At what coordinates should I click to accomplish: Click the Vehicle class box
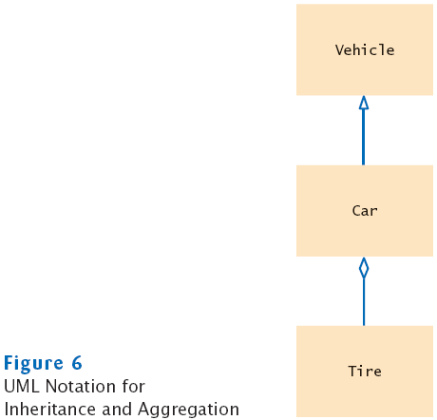365,49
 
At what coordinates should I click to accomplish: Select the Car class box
365,211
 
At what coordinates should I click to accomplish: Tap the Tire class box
365,372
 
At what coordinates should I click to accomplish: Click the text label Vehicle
365,50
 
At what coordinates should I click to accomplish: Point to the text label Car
365,211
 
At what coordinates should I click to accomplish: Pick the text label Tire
365,372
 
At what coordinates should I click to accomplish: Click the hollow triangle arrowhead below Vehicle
364,103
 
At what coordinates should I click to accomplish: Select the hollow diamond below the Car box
364,268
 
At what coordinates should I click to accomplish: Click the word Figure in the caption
33,364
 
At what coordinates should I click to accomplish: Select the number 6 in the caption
77,363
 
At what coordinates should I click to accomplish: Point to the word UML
22,387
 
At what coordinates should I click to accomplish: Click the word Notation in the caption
81,387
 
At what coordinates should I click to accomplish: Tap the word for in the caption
133,386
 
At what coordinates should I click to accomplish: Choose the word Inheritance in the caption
50,409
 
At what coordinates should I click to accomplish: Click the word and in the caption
117,409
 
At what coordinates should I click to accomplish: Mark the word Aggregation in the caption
189,410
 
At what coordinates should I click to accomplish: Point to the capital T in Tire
352,372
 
